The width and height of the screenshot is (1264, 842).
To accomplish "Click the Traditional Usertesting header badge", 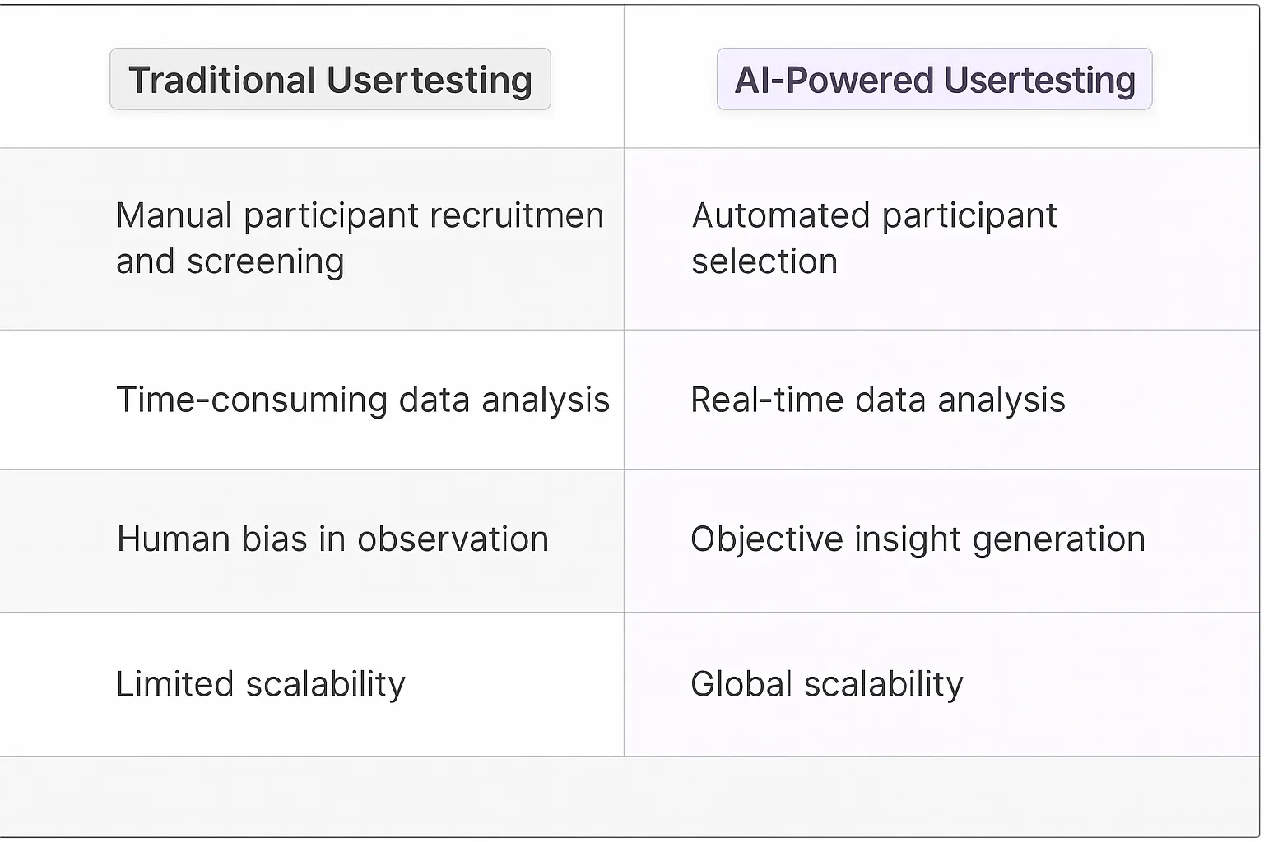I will (330, 79).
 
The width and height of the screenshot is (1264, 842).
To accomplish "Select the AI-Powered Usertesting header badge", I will (934, 79).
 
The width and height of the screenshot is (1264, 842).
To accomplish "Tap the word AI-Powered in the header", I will (834, 80).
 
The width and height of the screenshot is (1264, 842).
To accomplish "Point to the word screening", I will (265, 262).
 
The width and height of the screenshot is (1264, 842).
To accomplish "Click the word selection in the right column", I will (764, 261).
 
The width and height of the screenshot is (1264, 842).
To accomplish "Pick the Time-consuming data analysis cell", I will (362, 400).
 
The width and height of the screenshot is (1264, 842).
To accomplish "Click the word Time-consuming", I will (252, 400).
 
